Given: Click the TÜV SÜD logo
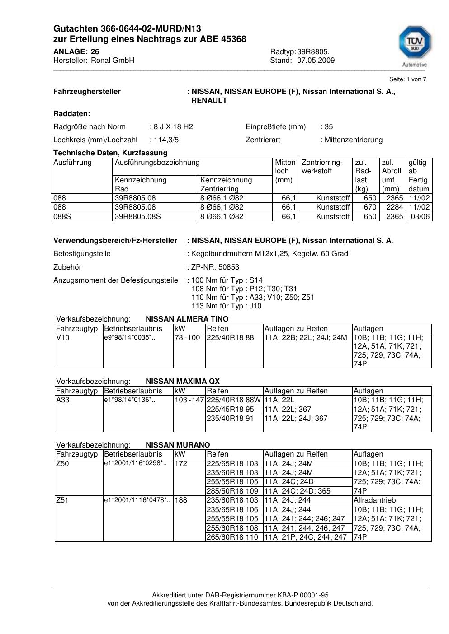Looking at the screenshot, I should coord(415,46).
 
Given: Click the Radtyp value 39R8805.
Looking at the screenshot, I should coord(313,52).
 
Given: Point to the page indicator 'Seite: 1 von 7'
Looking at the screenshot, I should coord(407,79).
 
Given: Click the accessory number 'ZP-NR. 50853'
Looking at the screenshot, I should coord(215,267).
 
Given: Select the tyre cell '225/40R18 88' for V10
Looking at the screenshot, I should coord(230,338).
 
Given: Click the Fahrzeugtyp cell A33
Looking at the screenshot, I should coord(63,400).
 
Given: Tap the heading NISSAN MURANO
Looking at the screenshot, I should coord(178,445).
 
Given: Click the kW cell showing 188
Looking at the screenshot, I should coord(181,500).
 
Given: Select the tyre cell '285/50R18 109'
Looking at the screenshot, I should coord(232,491).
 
